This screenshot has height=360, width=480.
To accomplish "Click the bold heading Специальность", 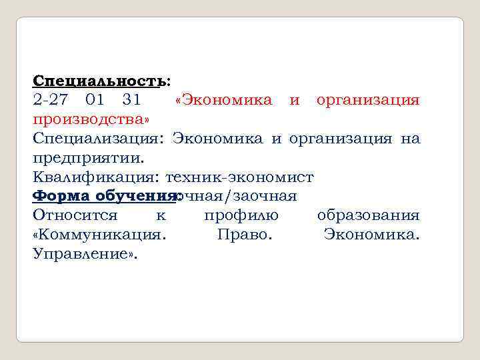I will tap(99, 81).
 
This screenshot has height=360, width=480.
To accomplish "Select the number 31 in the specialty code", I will tap(132, 100).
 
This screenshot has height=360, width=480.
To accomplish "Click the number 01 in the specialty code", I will tap(95, 100).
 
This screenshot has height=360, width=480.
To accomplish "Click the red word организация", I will tap(368, 100).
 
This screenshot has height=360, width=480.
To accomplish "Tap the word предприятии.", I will tap(87, 158).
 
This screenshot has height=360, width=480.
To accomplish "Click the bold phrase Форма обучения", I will tap(103, 197).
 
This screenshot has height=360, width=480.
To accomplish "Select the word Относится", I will tap(75, 215).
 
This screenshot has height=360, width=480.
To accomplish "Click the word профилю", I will tap(241, 215).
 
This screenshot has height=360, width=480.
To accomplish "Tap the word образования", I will tap(368, 215).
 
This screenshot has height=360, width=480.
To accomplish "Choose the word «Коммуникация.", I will tap(99, 235).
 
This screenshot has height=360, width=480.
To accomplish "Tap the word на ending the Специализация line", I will tap(411, 139).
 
